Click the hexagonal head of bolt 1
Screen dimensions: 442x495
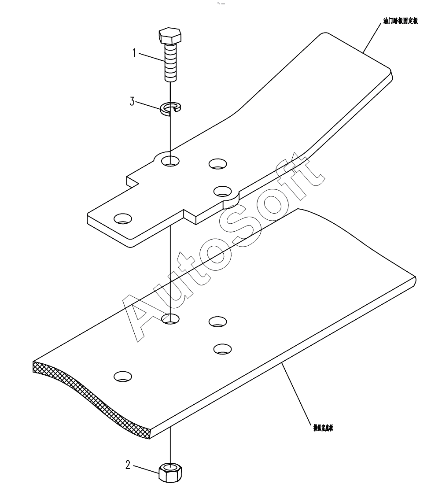169,36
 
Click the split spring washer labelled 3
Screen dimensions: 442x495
170,108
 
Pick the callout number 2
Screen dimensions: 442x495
128,465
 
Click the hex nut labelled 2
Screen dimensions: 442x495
170,473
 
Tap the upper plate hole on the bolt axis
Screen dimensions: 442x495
170,160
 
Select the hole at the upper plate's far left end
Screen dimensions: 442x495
122,218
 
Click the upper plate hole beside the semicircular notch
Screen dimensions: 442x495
222,191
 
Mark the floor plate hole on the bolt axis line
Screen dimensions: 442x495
170,318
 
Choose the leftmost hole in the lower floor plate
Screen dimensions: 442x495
122,376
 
